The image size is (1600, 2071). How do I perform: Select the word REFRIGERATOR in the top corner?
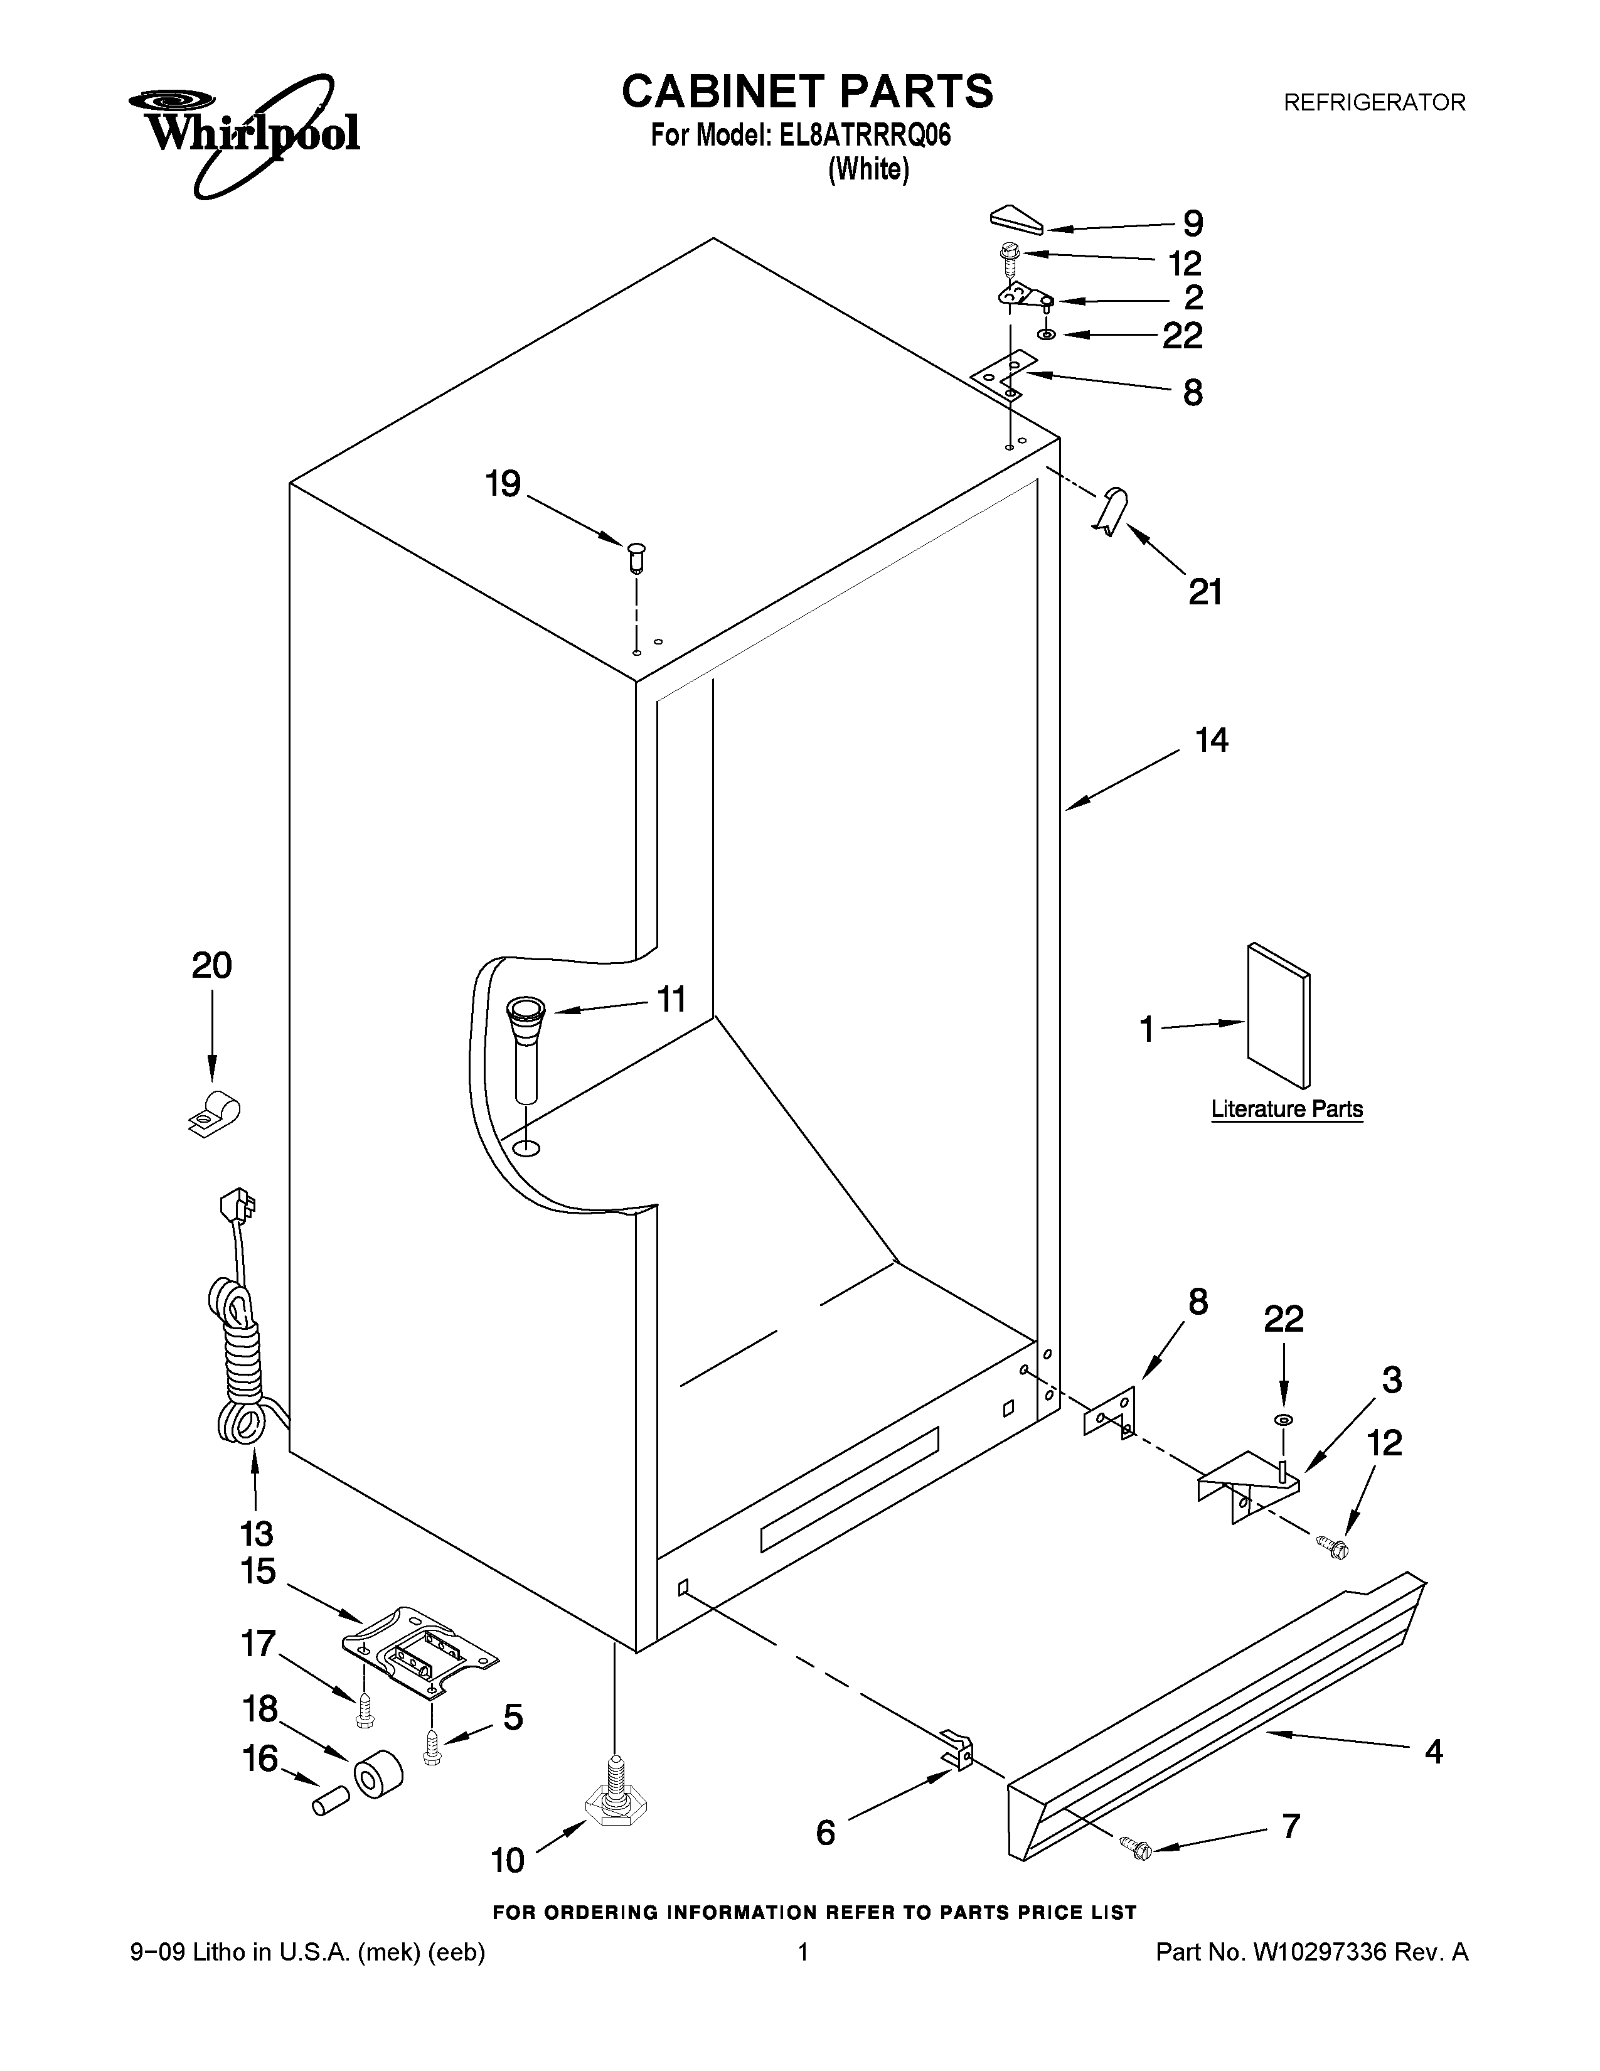click(x=1373, y=102)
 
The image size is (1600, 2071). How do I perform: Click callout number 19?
click(x=503, y=484)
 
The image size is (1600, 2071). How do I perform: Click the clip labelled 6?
click(x=957, y=1748)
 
